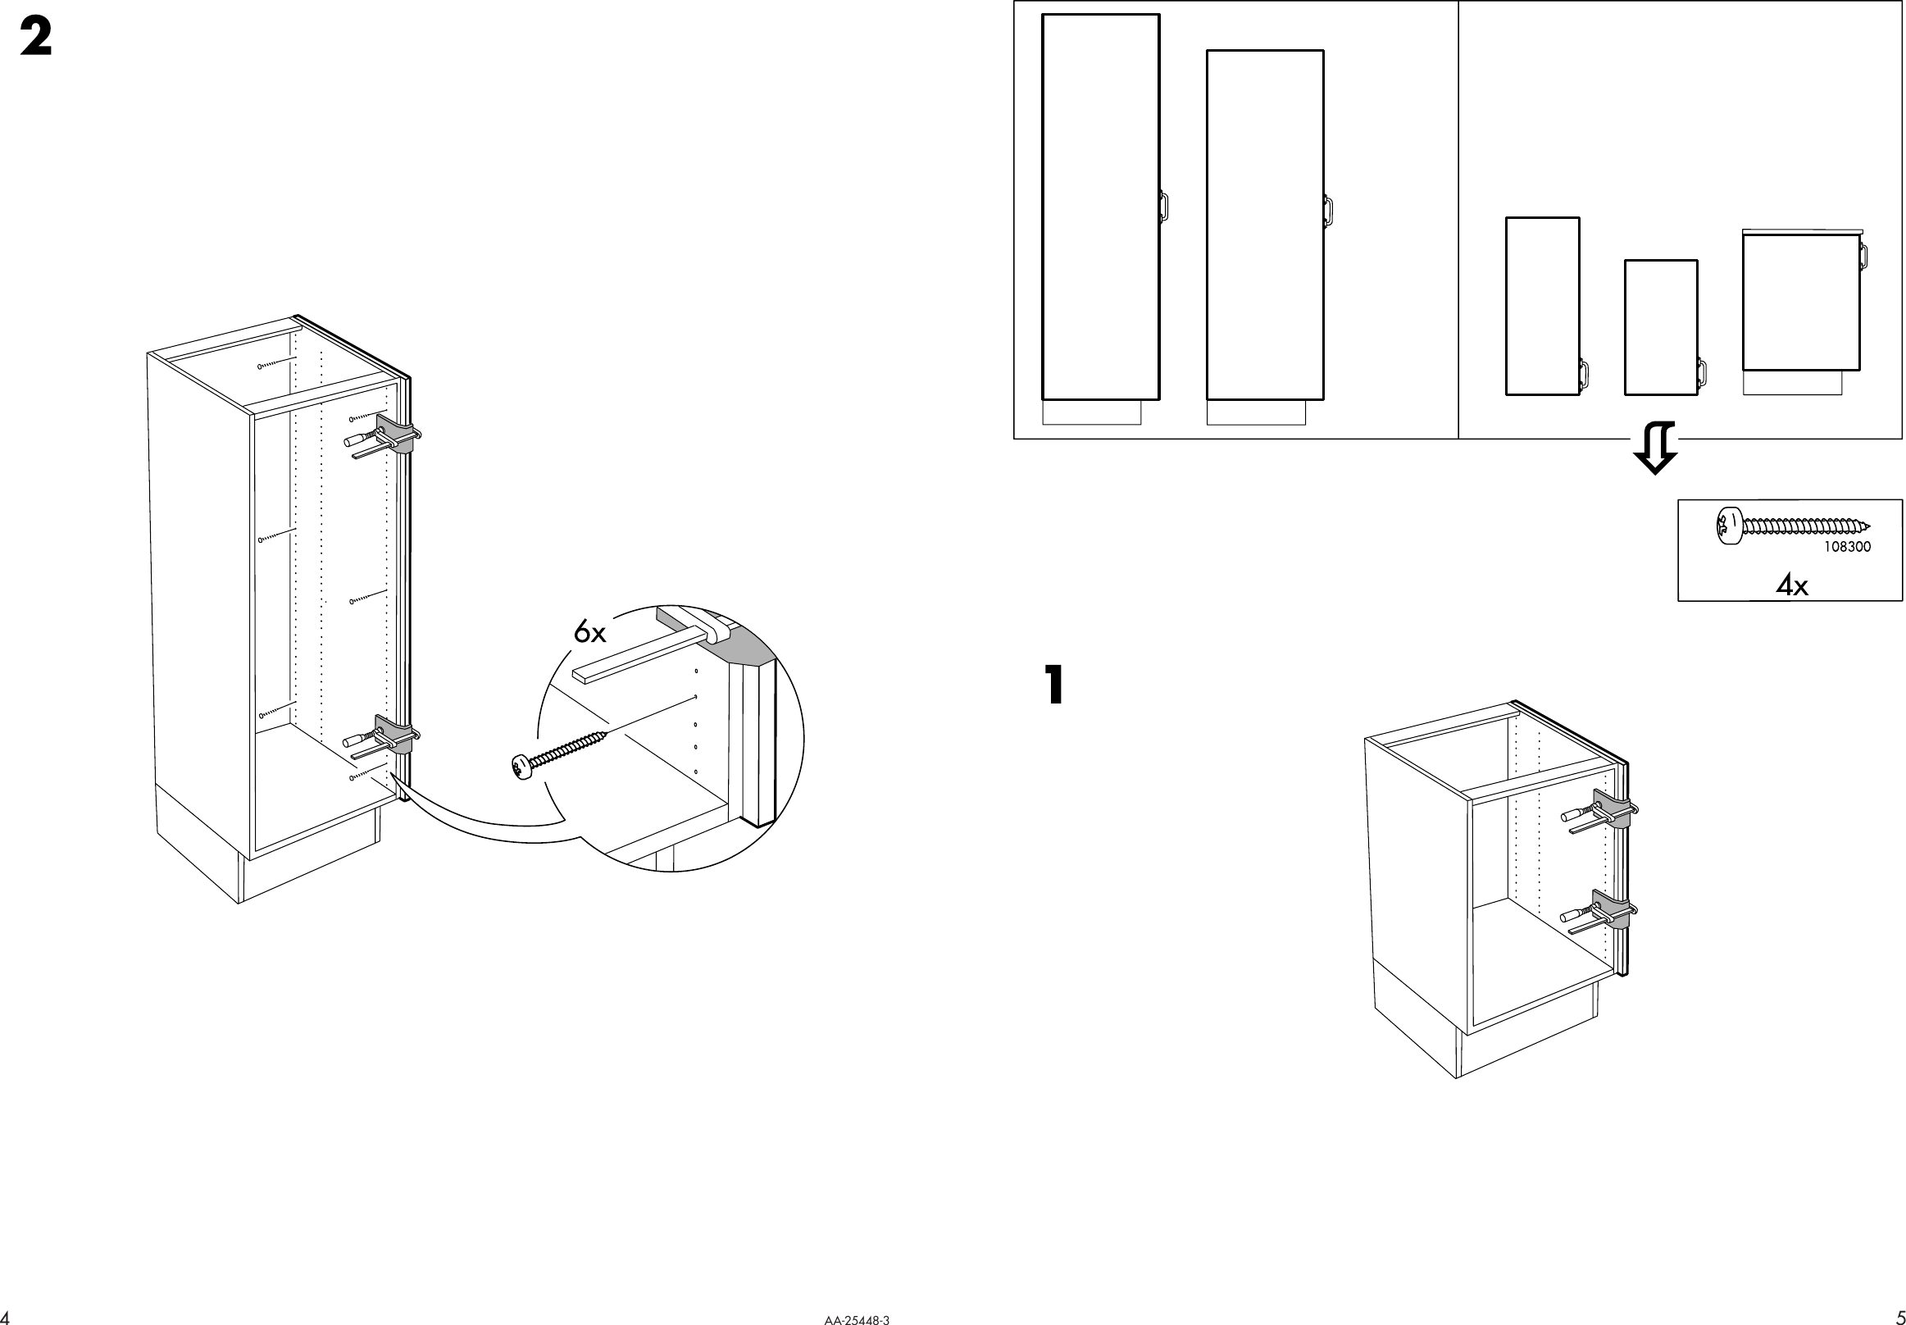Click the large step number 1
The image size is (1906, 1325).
tap(1053, 685)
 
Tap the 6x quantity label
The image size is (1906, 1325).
tap(589, 634)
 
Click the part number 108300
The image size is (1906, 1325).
tap(1847, 547)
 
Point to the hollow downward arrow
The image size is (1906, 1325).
tap(1654, 448)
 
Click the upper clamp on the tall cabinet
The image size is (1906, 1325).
tap(396, 435)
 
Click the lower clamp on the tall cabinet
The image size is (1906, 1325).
tap(396, 735)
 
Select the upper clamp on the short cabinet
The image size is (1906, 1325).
tap(1613, 809)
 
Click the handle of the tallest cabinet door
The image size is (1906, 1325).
tap(1164, 206)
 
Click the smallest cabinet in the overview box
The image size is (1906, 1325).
tap(1660, 328)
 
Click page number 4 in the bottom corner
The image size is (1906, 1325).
tap(7, 1318)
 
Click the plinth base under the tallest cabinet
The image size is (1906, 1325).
tap(1091, 412)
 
